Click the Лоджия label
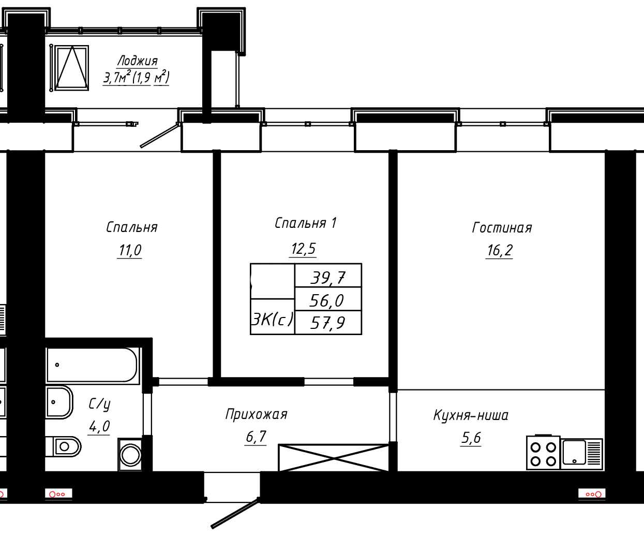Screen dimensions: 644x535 tap(138, 61)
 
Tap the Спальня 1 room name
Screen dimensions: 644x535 tap(305, 223)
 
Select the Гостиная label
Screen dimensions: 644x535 tap(502, 228)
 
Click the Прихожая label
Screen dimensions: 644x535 tap(256, 414)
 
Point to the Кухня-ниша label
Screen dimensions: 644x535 tap(471, 415)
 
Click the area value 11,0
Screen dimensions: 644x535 tap(130, 250)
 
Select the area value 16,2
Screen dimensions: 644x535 tap(500, 251)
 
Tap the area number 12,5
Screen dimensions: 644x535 tap(303, 249)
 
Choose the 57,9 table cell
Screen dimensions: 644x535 tap(328, 323)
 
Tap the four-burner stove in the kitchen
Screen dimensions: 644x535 tap(544, 453)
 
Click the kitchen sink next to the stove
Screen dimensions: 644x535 tap(581, 454)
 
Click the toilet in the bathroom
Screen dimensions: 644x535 tap(63, 446)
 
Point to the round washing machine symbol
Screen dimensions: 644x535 tap(130, 455)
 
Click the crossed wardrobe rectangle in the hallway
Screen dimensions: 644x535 tap(333, 458)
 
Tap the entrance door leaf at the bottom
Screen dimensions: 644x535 tap(235, 513)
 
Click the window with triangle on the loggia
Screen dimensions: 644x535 tap(72, 68)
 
